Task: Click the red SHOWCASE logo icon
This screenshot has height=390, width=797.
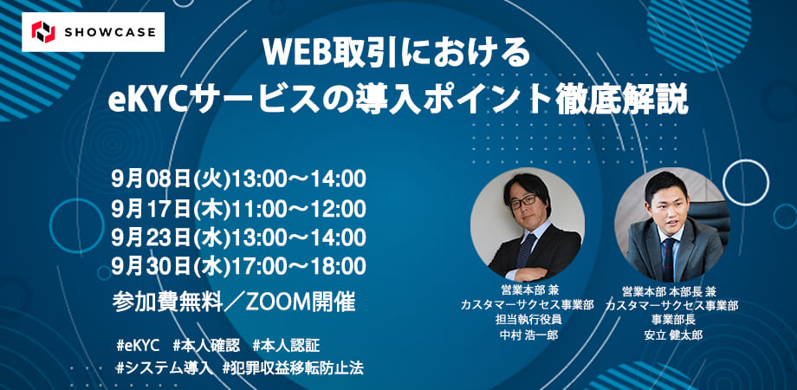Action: [42, 32]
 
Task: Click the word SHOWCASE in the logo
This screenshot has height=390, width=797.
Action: [110, 33]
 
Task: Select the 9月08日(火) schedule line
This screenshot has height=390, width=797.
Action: [238, 179]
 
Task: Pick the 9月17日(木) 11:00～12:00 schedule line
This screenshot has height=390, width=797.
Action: [238, 209]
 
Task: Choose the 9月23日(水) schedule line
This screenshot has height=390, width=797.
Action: [238, 237]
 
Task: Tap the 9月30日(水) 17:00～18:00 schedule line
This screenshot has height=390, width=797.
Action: [238, 266]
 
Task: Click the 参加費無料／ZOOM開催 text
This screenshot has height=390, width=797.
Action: [234, 302]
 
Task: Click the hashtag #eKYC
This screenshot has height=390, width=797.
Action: [138, 346]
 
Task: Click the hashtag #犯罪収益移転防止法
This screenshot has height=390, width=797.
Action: [293, 368]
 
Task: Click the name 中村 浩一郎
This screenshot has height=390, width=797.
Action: [527, 335]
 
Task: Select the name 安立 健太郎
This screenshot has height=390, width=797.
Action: [671, 335]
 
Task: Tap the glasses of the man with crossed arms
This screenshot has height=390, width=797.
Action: [522, 201]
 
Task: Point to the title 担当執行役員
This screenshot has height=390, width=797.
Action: [527, 321]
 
